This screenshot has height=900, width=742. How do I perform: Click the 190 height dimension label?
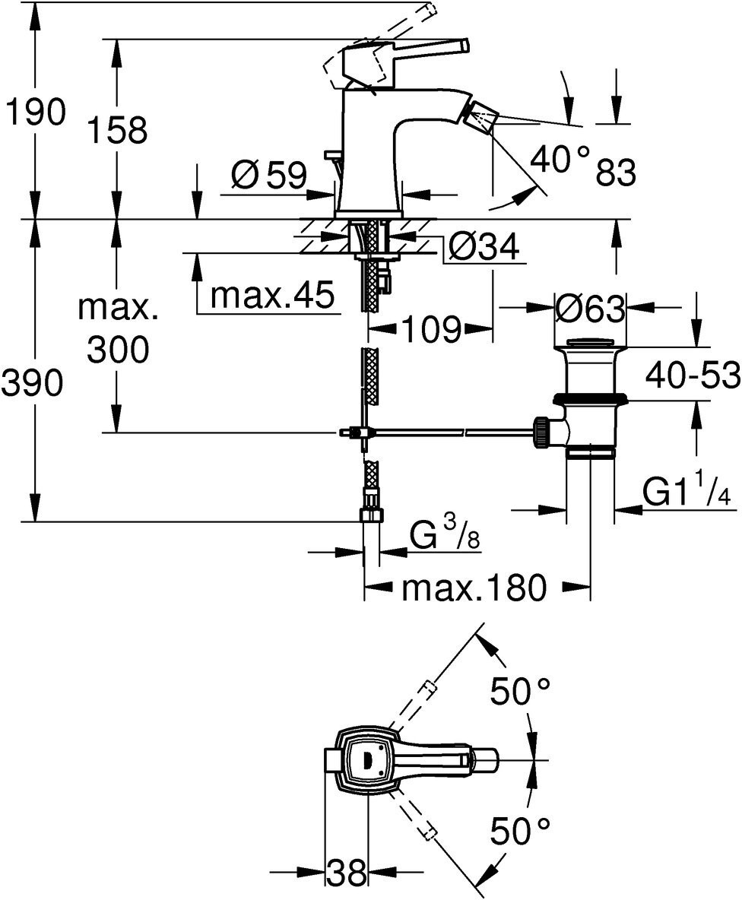[35, 112]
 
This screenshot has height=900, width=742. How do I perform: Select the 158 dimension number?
[116, 130]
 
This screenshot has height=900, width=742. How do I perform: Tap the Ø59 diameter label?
[268, 176]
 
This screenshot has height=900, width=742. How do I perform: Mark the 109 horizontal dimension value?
[432, 329]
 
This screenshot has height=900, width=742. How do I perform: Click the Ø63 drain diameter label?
[591, 309]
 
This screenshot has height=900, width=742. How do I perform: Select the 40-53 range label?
[692, 375]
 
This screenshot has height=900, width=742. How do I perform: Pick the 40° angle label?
[560, 159]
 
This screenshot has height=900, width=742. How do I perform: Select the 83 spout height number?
[615, 174]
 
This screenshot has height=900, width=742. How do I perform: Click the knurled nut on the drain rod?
[541, 432]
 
